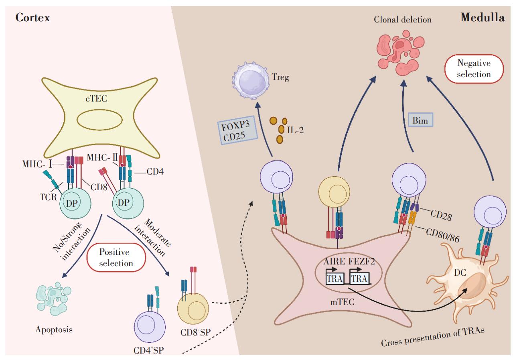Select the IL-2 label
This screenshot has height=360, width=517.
(x=295, y=130)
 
